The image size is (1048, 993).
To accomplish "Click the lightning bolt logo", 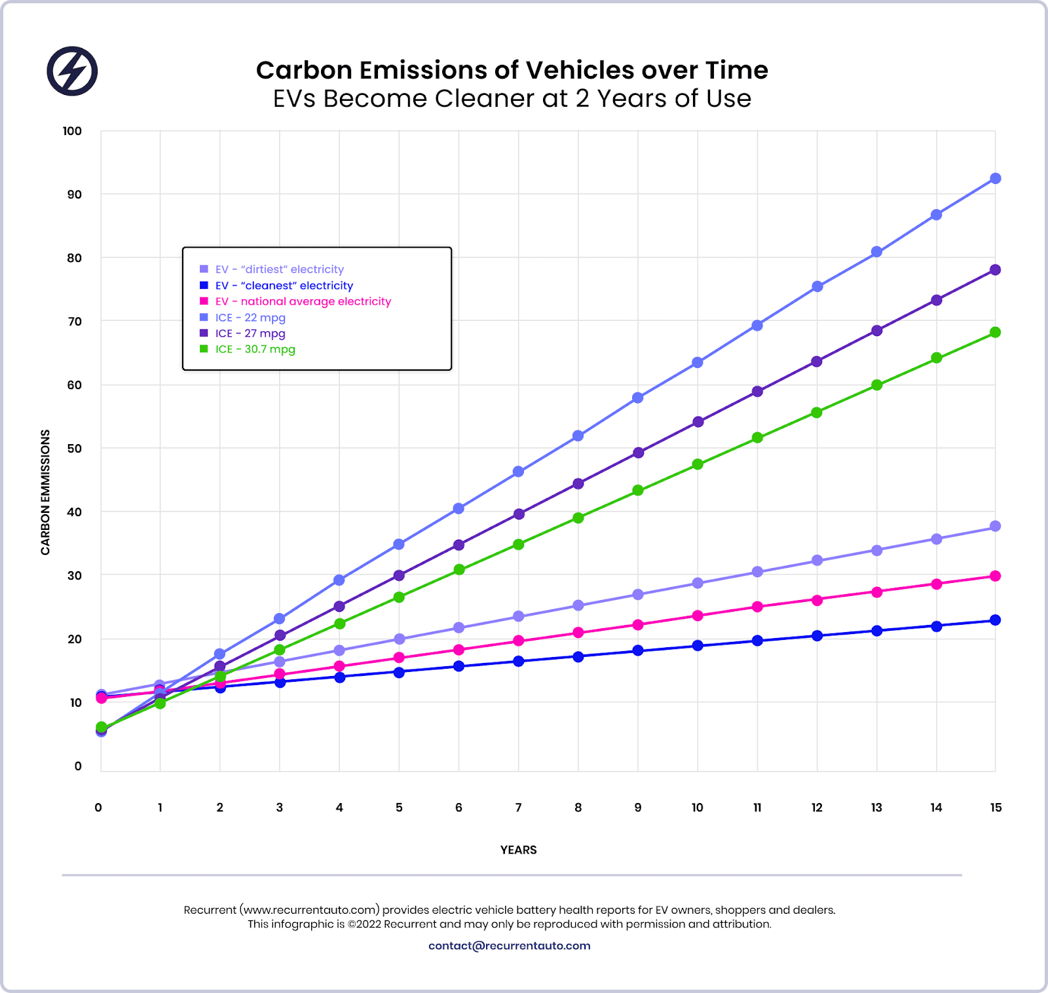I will pos(72,71).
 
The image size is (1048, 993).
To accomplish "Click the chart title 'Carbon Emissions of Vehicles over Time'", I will pos(512,70).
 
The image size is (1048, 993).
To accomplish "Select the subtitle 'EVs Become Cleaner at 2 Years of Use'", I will pos(512,99).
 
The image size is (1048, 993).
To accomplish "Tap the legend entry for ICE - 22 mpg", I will pos(250,318).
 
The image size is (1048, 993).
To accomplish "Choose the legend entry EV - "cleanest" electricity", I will pos(284,286).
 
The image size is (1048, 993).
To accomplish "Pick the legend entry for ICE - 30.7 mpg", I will pos(255,349).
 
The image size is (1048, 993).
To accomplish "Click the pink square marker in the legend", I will pos(204,301).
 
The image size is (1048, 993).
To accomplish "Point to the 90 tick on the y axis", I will pos(74,195).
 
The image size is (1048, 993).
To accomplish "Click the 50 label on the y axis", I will pos(74,449).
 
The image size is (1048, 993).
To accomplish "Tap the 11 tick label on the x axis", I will pos(757,808).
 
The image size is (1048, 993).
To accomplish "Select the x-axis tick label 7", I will pos(518,808).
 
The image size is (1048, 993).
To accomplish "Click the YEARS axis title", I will pos(518,850).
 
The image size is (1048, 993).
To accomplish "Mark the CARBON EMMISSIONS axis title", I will pos(45,492).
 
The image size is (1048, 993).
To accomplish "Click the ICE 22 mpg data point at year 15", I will pos(995,178).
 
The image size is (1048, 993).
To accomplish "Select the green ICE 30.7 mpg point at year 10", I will pos(698,464).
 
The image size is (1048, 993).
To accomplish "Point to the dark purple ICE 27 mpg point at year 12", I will pos(817,362).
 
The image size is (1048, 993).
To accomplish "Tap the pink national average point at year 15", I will pos(995,576).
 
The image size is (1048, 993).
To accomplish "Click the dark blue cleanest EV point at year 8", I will pos(578,656).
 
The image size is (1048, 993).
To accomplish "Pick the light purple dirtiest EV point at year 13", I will pos(876,550).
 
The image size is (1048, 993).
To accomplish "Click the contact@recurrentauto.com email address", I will pos(509,946).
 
